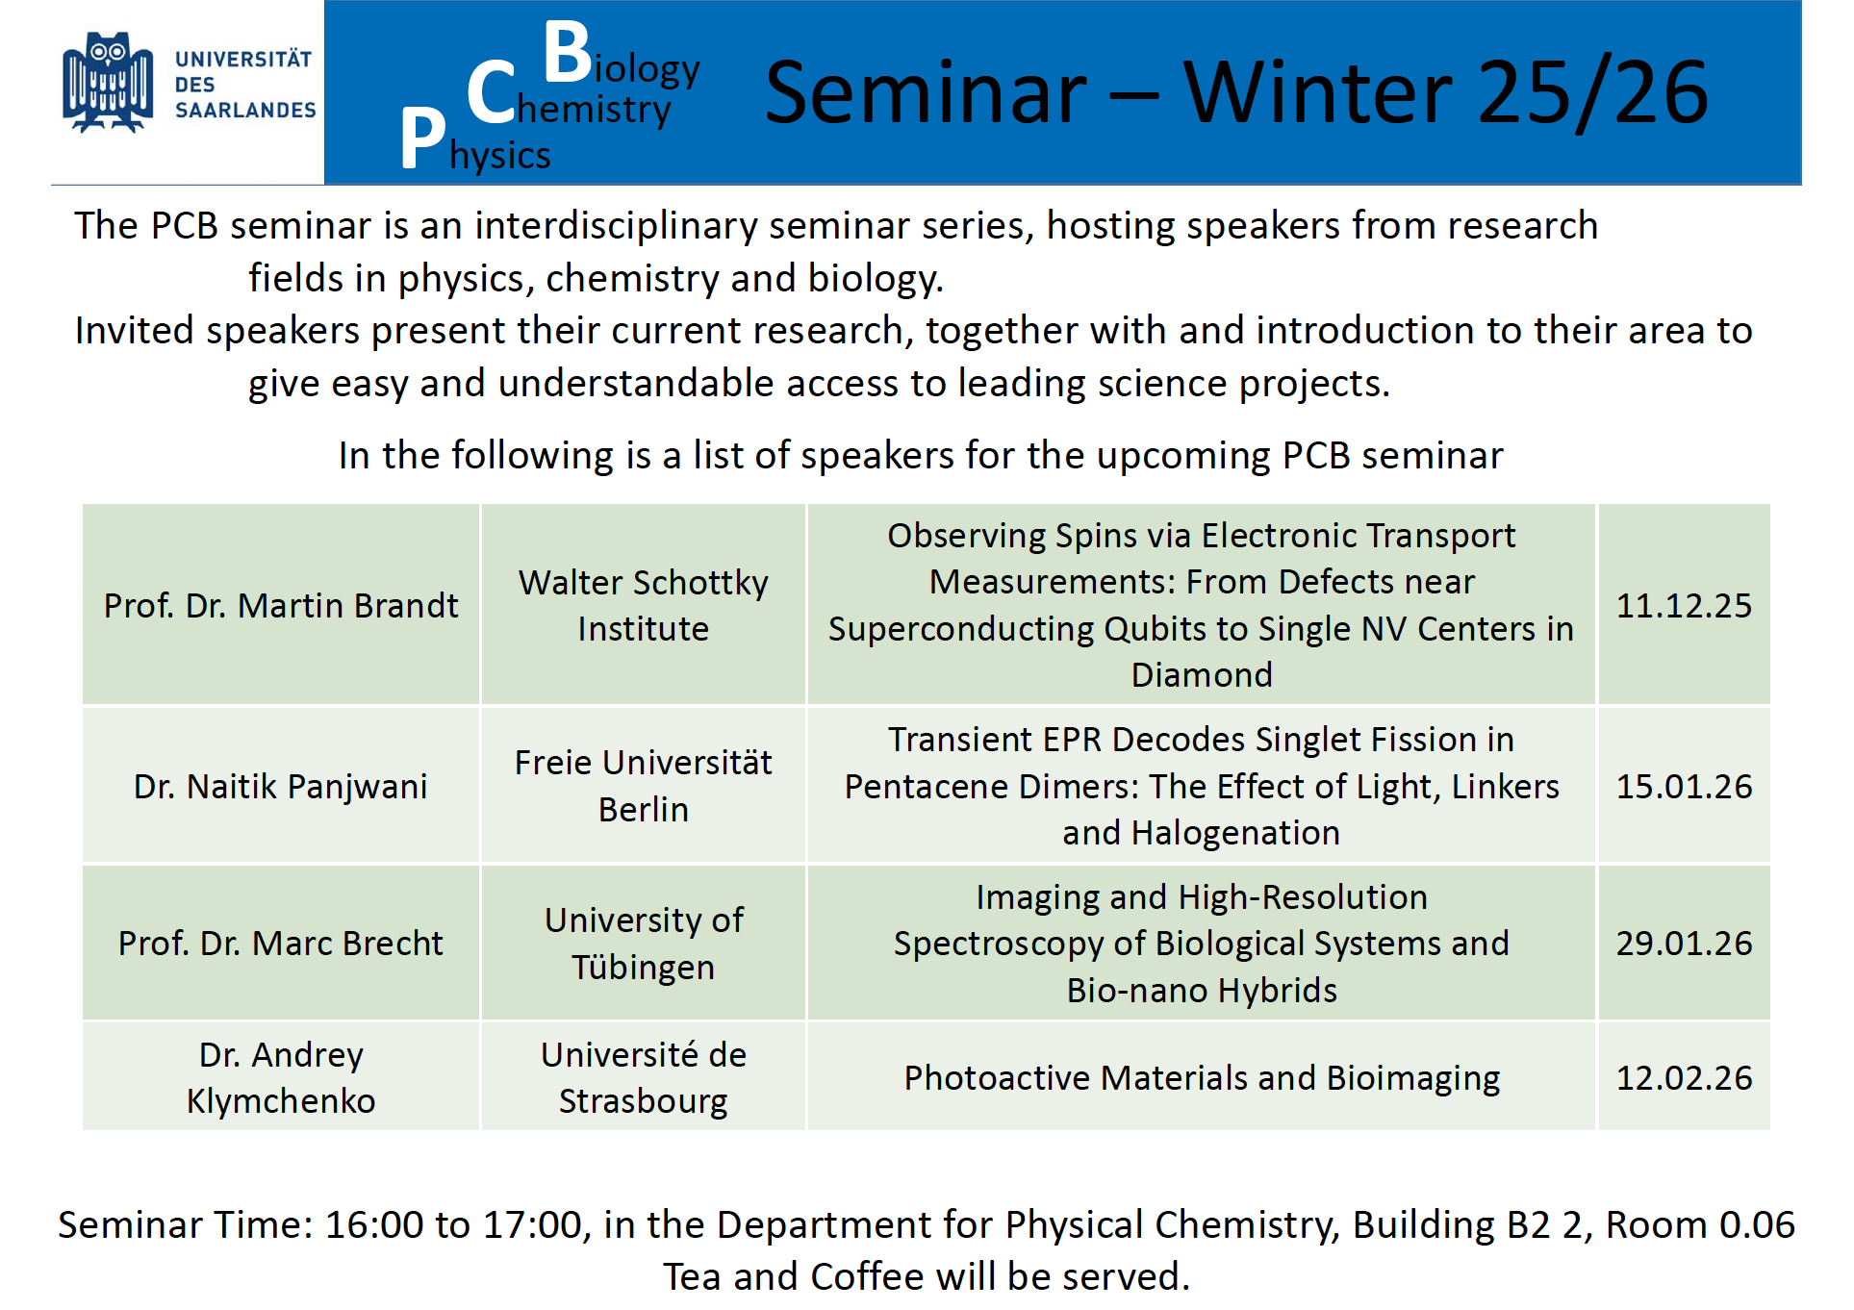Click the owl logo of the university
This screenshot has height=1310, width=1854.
click(x=108, y=83)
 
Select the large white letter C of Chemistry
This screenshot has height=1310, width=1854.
click(x=492, y=92)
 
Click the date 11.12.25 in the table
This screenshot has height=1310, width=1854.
click(x=1684, y=605)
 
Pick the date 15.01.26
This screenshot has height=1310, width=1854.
click(x=1684, y=786)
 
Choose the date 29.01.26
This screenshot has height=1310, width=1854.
click(x=1684, y=943)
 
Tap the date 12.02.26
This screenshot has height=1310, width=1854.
click(x=1684, y=1077)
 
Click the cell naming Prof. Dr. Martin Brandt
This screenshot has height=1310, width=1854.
click(x=281, y=605)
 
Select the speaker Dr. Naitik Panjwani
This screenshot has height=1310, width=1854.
click(x=281, y=786)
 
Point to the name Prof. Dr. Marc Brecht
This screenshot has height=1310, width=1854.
click(x=281, y=943)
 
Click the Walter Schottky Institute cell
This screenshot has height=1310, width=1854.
click(x=644, y=605)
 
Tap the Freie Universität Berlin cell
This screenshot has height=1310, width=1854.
click(x=644, y=786)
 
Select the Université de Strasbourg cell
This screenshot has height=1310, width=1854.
click(x=644, y=1077)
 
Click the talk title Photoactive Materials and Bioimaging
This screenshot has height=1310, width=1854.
click(x=1202, y=1078)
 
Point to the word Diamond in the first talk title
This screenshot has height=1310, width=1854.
click(x=1202, y=674)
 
